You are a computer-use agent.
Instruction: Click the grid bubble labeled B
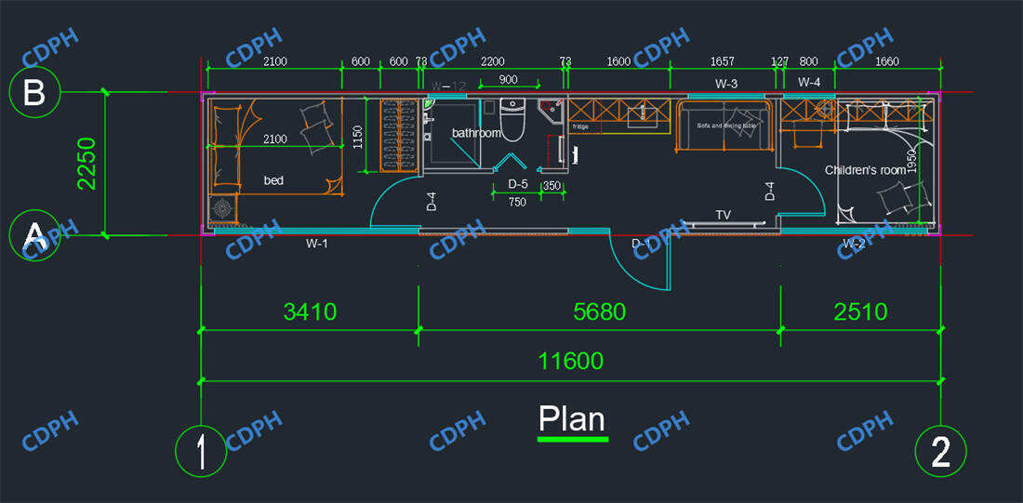point(34,93)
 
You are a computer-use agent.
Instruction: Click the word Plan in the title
point(572,419)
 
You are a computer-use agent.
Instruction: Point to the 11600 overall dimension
point(571,361)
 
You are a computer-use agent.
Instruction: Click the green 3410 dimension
point(310,311)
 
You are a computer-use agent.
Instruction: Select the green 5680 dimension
point(599,311)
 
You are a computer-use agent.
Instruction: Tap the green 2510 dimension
point(860,311)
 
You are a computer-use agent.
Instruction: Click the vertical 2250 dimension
point(86,164)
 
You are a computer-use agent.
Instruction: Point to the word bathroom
point(476,133)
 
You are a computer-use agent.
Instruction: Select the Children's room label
point(865,170)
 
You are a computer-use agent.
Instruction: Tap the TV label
point(723,215)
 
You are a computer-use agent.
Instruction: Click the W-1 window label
point(317,244)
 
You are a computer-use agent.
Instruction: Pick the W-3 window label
point(726,84)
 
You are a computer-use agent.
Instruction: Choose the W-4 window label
point(809,83)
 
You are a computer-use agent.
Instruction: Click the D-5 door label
point(518,184)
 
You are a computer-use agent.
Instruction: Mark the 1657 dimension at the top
point(722,62)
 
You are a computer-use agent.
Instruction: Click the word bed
point(273,180)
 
